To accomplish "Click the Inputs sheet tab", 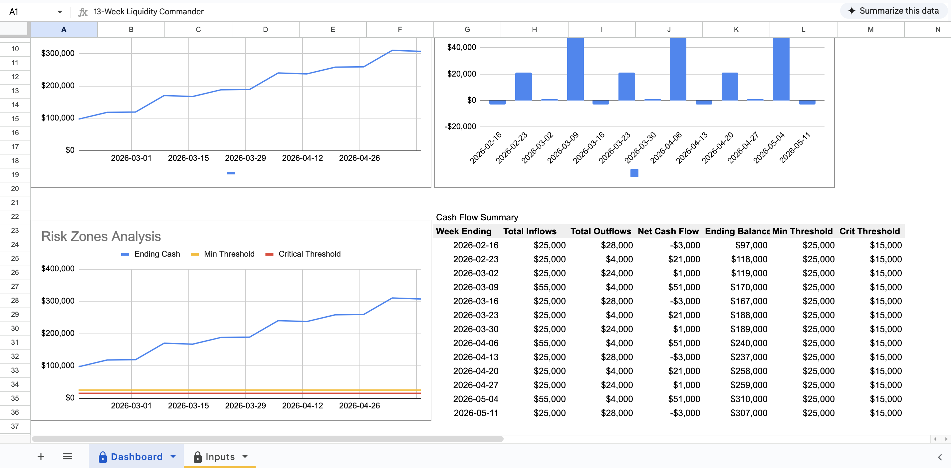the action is click(220, 457).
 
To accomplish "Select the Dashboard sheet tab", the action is click(136, 457).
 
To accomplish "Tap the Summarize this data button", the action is click(894, 11).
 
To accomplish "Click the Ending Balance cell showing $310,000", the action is click(749, 399).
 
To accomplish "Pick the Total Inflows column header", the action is click(530, 231).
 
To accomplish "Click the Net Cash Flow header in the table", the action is click(668, 231).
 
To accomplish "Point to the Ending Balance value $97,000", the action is click(751, 245).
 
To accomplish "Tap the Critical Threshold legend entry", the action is click(303, 254).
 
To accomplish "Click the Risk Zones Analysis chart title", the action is click(101, 236).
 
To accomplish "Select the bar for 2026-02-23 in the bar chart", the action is click(524, 86).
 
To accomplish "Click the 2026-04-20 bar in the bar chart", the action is click(730, 86).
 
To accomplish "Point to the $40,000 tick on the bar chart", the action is click(461, 47).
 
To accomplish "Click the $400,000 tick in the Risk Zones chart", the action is click(58, 269).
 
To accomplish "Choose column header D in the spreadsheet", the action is click(265, 30).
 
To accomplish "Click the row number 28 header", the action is click(15, 301).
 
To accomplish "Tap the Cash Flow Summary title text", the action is click(477, 217).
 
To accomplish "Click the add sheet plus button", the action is click(41, 457).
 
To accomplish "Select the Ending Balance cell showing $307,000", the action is click(749, 413).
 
